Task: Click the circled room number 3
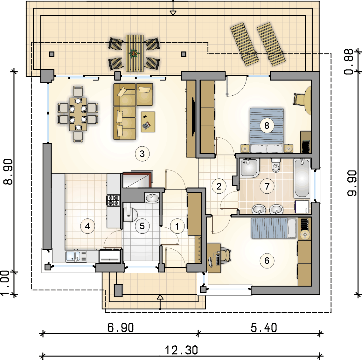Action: click(142, 154)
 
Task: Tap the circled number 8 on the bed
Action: click(267, 126)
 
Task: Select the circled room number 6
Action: click(267, 261)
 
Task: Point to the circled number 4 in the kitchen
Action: click(87, 226)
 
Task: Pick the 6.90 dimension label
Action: click(121, 328)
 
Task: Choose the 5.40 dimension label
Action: click(264, 328)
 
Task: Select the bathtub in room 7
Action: click(302, 178)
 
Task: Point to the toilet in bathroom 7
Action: click(276, 165)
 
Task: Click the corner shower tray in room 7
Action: click(249, 168)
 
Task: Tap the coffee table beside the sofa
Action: click(148, 121)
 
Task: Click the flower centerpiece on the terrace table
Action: click(134, 53)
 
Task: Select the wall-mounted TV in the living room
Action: click(193, 116)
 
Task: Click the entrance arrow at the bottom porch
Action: click(160, 297)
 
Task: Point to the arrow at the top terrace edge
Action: click(173, 13)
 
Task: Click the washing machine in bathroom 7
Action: click(302, 207)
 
